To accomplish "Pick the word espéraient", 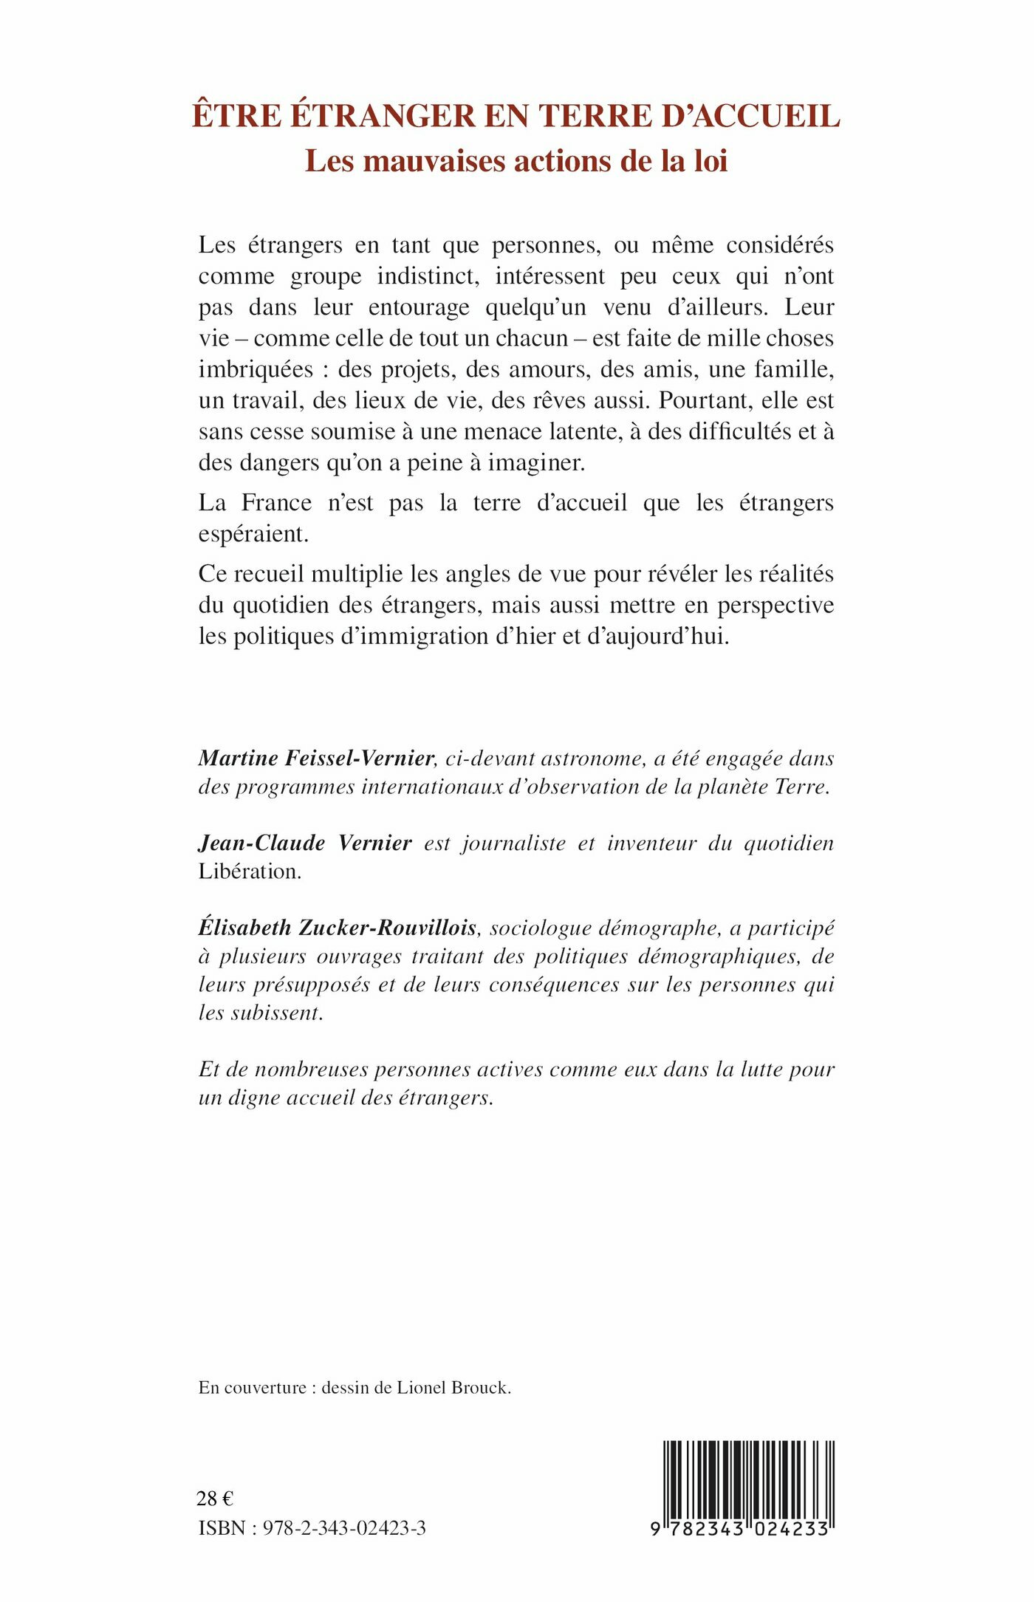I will (x=253, y=534).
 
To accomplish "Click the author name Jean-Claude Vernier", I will (x=304, y=843).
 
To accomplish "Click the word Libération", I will (x=249, y=872).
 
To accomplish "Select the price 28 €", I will (x=215, y=1499).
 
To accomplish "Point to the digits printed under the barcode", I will (x=740, y=1530).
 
